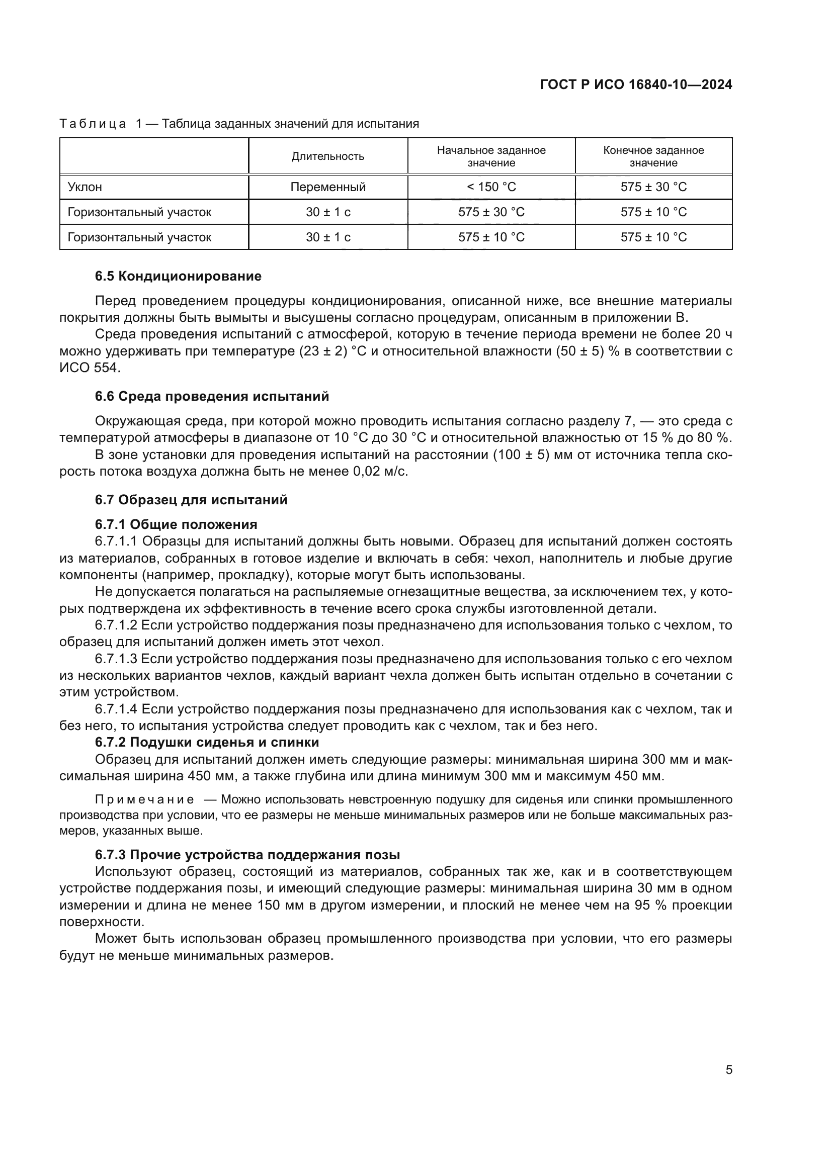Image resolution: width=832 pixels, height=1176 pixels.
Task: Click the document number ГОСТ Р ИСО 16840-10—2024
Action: pos(636,85)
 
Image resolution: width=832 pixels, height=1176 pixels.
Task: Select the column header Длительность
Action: pos(328,156)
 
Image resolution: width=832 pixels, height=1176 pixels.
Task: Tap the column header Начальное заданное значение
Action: pos(491,156)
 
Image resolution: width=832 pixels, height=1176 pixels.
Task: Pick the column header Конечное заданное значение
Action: pos(653,156)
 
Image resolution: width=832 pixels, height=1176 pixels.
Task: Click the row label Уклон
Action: pos(85,187)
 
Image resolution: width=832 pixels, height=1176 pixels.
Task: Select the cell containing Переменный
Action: pos(328,187)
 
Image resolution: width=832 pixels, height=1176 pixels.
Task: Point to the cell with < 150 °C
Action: pos(491,187)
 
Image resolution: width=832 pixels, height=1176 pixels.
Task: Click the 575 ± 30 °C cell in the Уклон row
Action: pos(653,187)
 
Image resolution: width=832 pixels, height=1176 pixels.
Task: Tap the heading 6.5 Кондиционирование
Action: pos(178,277)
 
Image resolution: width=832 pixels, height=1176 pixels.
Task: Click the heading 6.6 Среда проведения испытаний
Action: pos(212,396)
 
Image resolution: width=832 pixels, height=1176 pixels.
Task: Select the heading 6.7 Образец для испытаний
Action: pos(191,500)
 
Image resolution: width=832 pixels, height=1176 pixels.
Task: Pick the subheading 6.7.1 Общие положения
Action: pos(176,524)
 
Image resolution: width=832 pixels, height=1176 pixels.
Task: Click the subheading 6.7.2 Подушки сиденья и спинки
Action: pos(207,742)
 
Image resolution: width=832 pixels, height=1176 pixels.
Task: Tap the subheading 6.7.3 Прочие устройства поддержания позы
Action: pos(247,855)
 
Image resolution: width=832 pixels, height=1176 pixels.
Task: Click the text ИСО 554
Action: pos(90,368)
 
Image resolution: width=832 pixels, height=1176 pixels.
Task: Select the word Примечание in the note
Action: pos(144,800)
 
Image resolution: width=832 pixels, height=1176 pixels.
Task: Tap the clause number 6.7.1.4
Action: pos(116,709)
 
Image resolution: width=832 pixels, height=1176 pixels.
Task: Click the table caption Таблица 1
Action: pos(100,124)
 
